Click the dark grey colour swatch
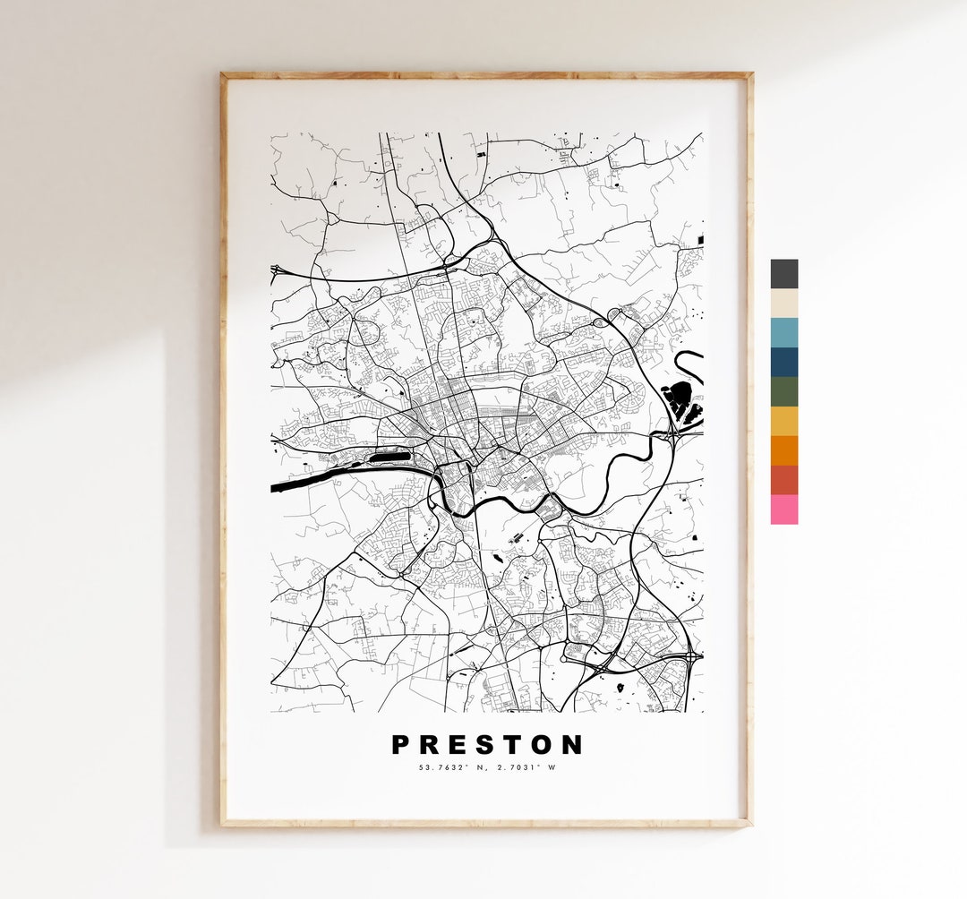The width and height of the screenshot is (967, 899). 783,274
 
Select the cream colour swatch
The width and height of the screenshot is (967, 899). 783,304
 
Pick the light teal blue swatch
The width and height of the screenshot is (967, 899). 783,333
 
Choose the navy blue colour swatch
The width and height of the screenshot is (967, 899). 783,363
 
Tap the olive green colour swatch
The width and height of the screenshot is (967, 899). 783,392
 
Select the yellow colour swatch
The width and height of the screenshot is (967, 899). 783,422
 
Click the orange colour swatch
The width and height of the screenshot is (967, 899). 783,450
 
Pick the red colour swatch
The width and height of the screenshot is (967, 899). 783,480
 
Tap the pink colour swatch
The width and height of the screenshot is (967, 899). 783,509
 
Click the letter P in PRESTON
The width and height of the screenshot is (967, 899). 401,745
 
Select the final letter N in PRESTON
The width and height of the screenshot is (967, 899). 573,745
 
